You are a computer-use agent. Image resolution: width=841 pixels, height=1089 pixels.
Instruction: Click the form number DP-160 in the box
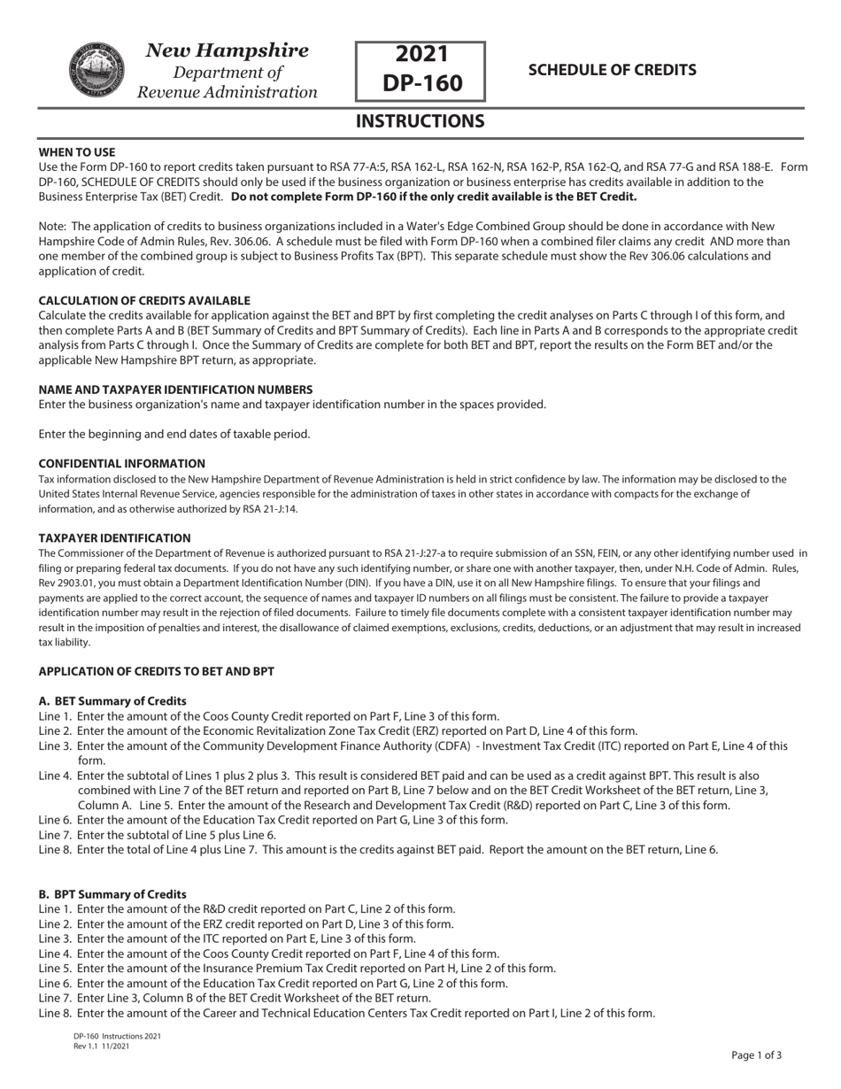420,83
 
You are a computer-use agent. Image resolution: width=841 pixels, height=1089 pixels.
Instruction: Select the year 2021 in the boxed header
421,55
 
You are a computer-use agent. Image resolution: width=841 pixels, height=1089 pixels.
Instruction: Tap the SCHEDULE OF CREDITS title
612,70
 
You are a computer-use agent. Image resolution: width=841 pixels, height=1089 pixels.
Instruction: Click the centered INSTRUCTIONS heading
420,121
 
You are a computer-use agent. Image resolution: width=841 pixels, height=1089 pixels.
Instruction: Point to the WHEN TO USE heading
77,152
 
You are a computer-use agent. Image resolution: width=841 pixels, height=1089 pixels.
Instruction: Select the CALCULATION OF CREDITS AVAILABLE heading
144,301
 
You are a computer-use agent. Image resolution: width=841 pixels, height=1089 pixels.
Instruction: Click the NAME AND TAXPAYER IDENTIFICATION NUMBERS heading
175,390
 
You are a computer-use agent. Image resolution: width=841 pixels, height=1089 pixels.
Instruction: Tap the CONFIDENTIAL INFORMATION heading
122,463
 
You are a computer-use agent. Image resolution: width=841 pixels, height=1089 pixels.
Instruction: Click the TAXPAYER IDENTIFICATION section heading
114,537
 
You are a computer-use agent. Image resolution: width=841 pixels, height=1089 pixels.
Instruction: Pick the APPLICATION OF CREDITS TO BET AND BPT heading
156,671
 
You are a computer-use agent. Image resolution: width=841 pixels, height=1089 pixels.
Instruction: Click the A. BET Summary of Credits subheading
112,701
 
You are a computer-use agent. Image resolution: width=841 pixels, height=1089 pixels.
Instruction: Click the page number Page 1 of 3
756,1054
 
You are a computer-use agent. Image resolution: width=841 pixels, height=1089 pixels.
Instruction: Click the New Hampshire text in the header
228,50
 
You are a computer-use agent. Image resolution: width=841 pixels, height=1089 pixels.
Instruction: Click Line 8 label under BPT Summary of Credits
55,1013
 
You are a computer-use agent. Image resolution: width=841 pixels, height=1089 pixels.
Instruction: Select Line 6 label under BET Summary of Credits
55,820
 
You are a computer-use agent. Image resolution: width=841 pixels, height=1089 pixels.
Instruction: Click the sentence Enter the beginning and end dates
174,434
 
